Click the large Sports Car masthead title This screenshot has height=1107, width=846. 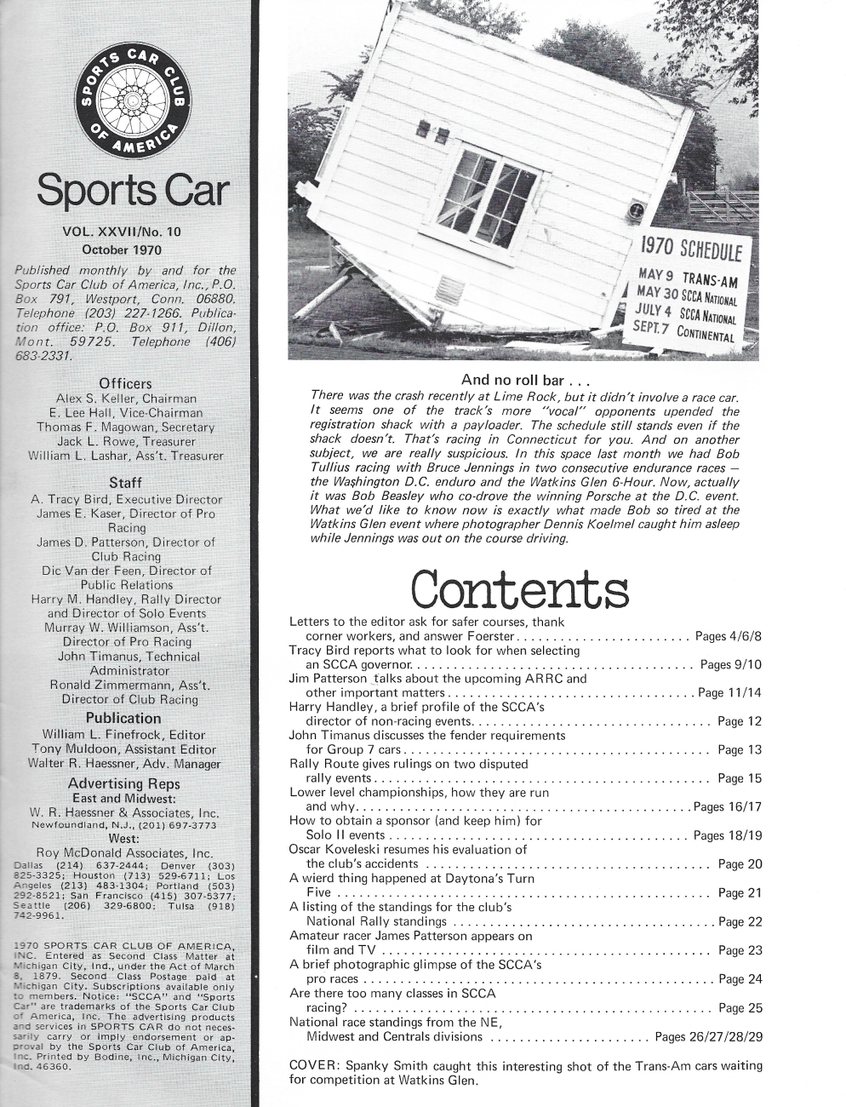(x=132, y=192)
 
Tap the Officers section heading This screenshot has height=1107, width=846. (x=126, y=383)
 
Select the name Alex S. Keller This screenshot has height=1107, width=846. (x=87, y=399)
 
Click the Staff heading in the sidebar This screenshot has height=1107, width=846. (x=126, y=484)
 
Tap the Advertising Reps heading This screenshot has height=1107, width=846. (x=123, y=783)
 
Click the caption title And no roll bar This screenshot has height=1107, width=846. (x=525, y=380)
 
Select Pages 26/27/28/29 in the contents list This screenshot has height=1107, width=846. (x=708, y=1037)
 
